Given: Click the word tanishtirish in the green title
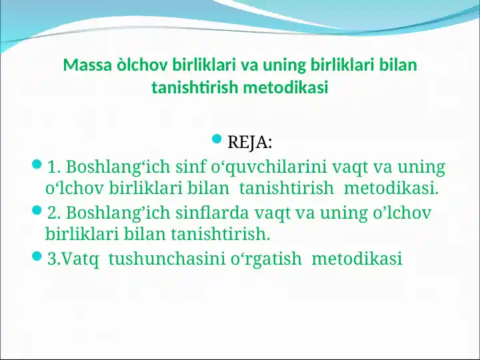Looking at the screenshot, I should point(195,87).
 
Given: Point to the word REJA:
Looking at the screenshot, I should point(249,143).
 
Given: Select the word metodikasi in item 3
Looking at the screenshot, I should point(357,259).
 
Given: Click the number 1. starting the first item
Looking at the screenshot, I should point(55,167).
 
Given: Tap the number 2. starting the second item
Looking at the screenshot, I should point(55,213).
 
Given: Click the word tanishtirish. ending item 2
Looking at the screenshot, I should point(221,235).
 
